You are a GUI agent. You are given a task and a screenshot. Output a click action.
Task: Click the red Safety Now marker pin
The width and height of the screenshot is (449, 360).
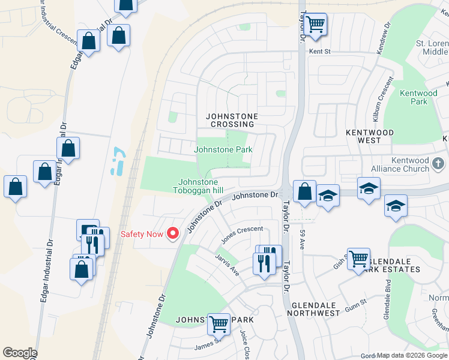173,233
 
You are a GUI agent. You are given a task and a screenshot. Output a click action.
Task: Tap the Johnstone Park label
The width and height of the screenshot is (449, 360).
223,149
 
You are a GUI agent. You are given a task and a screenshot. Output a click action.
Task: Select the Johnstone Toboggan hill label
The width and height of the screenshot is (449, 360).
197,187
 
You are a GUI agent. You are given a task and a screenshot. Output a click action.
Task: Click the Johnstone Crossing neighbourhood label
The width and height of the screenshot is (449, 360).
231,120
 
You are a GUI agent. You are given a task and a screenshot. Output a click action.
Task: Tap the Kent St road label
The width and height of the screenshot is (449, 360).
320,52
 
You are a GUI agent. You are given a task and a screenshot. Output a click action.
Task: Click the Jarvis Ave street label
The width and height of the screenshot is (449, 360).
228,264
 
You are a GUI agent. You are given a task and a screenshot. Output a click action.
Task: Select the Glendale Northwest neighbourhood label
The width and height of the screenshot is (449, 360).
316,309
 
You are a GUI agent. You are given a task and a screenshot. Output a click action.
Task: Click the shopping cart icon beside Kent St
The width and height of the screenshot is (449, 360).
315,25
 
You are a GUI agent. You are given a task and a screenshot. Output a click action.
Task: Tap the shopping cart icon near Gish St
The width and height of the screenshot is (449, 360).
358,259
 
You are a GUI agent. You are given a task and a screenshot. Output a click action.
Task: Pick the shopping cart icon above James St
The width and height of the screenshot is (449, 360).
218,325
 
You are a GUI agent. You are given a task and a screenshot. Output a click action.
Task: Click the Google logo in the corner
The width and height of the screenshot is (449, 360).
20,353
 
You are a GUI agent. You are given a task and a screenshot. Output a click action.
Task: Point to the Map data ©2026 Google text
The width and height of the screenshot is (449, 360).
412,355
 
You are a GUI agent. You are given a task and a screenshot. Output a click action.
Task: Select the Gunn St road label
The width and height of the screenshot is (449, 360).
355,303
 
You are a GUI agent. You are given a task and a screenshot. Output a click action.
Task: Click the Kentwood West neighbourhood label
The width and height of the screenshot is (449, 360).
370,136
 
